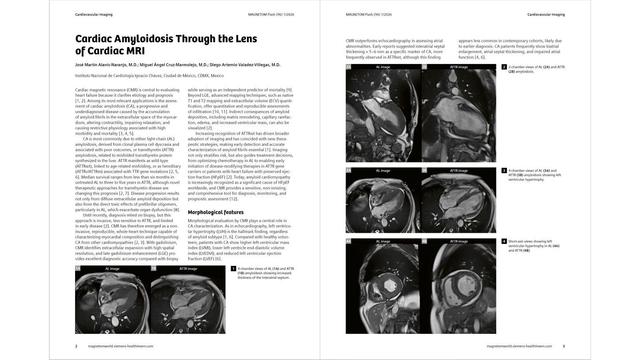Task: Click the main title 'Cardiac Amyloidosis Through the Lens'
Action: [166, 39]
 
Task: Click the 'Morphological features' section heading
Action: [215, 212]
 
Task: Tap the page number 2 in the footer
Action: [76, 346]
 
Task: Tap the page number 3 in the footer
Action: [564, 346]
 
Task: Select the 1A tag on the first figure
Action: [78, 268]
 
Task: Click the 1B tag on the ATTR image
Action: [154, 268]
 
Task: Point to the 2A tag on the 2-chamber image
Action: [348, 67]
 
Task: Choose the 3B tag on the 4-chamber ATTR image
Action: [424, 171]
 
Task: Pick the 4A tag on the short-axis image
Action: [348, 241]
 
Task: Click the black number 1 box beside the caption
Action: [234, 269]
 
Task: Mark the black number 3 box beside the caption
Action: [504, 171]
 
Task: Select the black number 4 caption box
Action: [504, 241]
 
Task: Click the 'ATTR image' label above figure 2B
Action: [459, 67]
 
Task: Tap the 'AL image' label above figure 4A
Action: [383, 241]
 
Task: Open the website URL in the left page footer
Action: [121, 346]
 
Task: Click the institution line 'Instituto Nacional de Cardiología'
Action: [149, 76]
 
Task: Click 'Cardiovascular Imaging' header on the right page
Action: [546, 15]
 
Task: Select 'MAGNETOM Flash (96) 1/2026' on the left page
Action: [271, 15]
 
